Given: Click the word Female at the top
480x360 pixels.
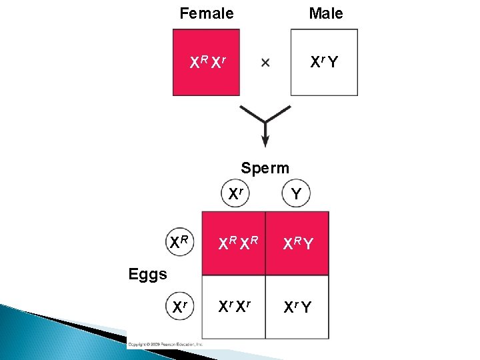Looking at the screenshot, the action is [207, 13].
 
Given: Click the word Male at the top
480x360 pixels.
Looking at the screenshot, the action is [325, 13].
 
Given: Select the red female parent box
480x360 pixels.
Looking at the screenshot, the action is [207, 62].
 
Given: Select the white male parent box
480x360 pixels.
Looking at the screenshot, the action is [324, 62].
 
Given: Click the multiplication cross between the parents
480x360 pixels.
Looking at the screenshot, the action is [265, 63].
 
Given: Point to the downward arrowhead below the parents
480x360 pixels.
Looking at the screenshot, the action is [265, 141].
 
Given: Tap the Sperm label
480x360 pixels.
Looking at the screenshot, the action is [265, 168].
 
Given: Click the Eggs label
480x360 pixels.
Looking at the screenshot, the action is [148, 274].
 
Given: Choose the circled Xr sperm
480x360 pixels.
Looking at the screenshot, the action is [235, 195].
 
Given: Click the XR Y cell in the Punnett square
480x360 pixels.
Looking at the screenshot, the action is [297, 244].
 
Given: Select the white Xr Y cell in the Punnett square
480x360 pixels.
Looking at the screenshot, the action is [297, 307].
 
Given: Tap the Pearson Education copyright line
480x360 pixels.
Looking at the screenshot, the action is [166, 343].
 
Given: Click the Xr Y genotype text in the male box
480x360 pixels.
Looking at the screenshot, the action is [324, 63].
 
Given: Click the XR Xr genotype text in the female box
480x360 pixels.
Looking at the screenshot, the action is [207, 63].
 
